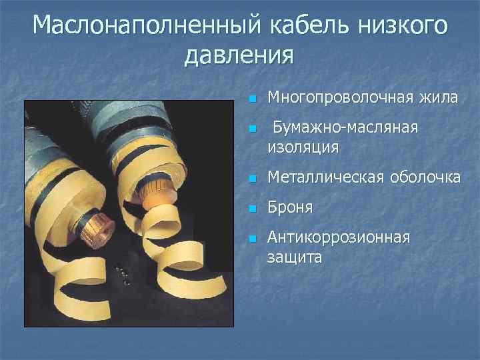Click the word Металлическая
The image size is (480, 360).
pyautogui.click(x=325, y=177)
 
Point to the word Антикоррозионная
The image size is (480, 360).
pyautogui.click(x=338, y=238)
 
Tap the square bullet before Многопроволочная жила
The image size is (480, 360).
pyautogui.click(x=251, y=99)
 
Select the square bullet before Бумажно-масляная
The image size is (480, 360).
pyautogui.click(x=251, y=129)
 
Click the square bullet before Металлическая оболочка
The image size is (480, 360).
pyautogui.click(x=251, y=179)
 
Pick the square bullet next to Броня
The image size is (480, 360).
pyautogui.click(x=251, y=209)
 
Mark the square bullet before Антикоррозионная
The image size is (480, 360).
pyautogui.click(x=251, y=239)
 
